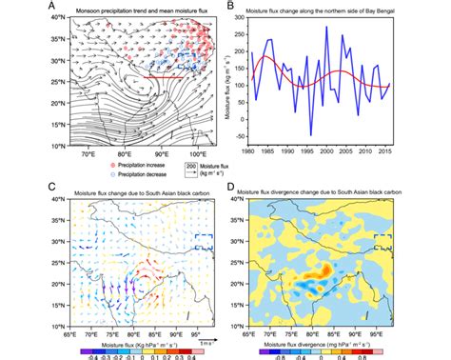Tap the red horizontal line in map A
click(x=143, y=75)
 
